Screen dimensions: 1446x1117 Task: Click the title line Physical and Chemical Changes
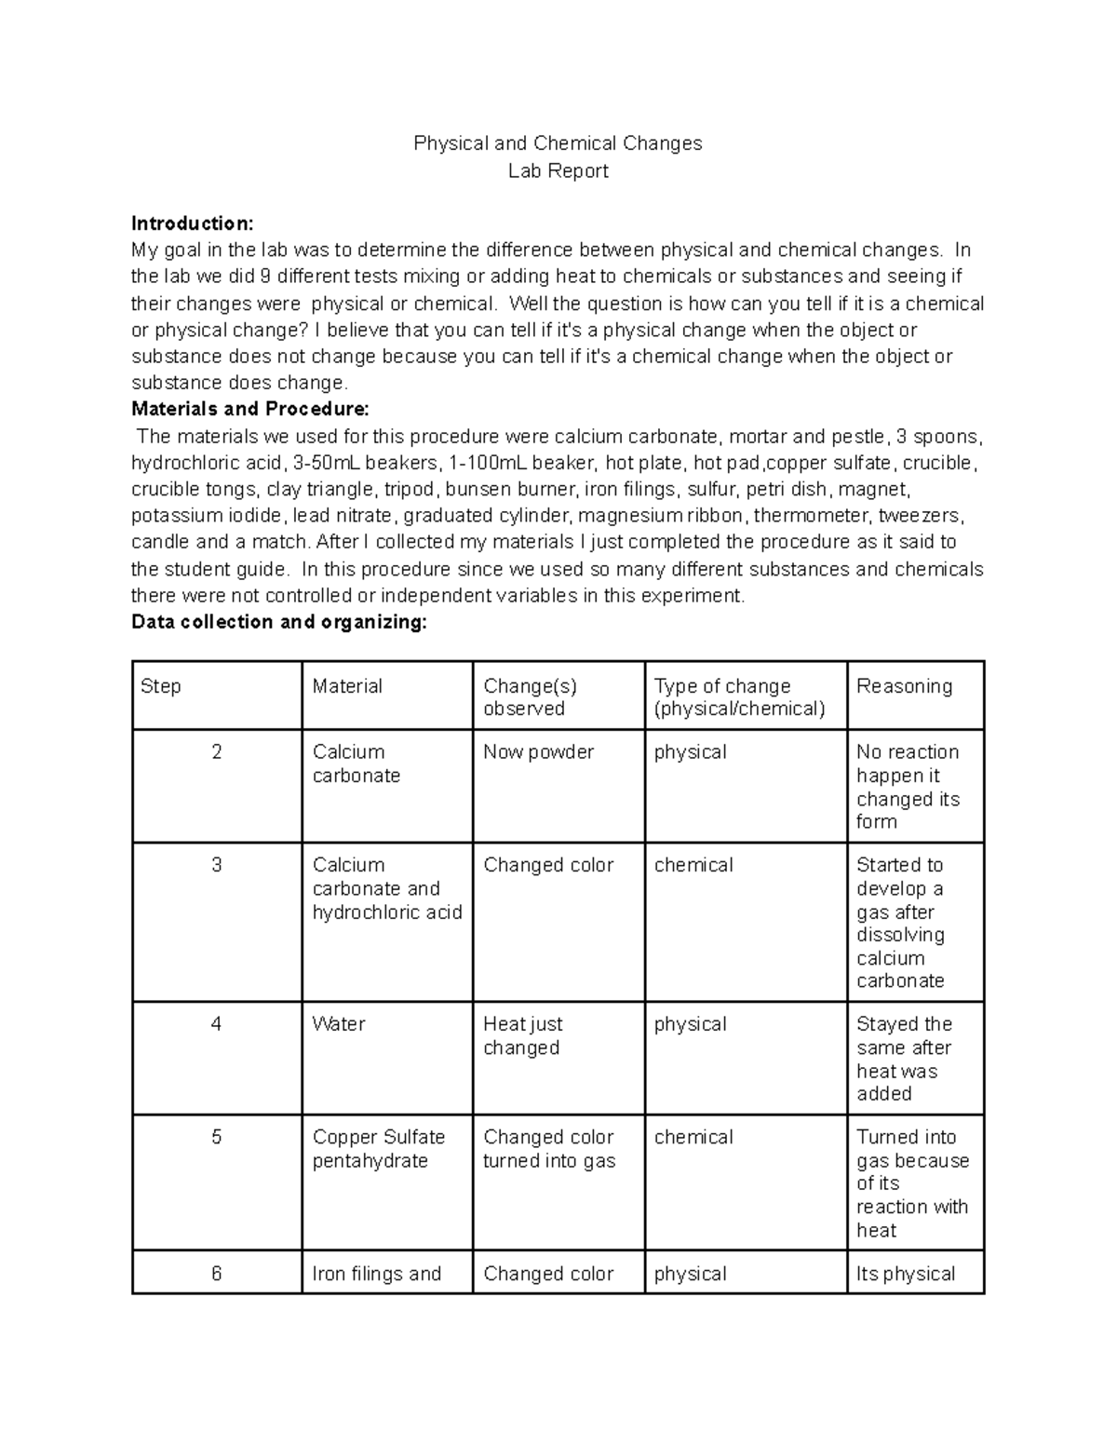558,143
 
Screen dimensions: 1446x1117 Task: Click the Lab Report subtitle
558,170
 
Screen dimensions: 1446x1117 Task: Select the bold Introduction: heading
192,223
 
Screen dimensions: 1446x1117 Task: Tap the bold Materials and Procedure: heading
250,409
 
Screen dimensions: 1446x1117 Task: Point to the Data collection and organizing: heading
279,622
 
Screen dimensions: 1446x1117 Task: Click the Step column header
161,686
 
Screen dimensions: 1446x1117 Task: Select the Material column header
347,686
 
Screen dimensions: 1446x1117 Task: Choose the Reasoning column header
904,686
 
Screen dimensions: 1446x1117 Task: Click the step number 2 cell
217,752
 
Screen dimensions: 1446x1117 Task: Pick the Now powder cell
538,752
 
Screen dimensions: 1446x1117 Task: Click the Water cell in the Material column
339,1024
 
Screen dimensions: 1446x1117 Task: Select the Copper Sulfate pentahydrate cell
379,1149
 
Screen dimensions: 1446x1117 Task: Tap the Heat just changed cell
522,1035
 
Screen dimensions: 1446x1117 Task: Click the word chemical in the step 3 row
693,865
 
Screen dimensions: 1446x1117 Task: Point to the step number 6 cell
217,1274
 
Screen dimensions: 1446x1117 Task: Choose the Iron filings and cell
377,1274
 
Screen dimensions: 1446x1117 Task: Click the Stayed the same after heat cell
903,1059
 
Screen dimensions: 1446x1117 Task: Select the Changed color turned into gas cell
549,1149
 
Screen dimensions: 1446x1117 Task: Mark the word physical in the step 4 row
690,1024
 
